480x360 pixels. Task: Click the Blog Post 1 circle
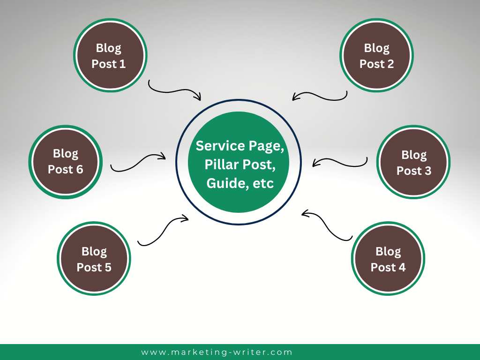point(110,56)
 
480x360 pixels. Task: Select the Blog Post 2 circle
point(376,56)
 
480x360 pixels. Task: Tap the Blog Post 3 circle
point(413,162)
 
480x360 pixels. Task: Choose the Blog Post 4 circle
point(388,259)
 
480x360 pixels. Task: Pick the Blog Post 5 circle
point(94,259)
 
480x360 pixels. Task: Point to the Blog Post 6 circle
point(66,161)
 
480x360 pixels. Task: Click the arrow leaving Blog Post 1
point(173,90)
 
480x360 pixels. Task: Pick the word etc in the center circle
point(263,183)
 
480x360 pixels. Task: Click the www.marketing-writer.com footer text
point(217,352)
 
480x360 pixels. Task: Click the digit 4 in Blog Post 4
point(402,268)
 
